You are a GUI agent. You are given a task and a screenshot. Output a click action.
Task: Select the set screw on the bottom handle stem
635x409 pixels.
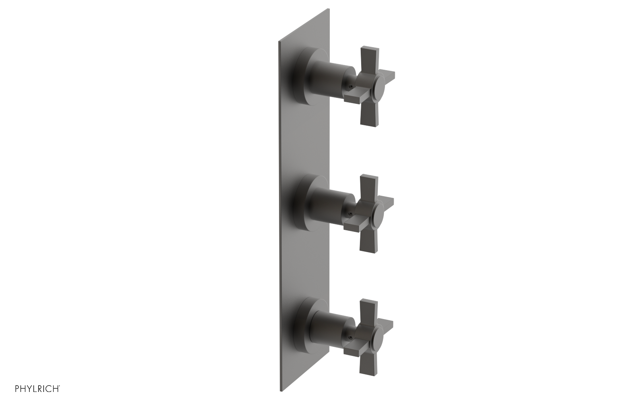[350, 337]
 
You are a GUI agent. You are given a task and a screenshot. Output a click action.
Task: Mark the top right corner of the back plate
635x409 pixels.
[329, 9]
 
